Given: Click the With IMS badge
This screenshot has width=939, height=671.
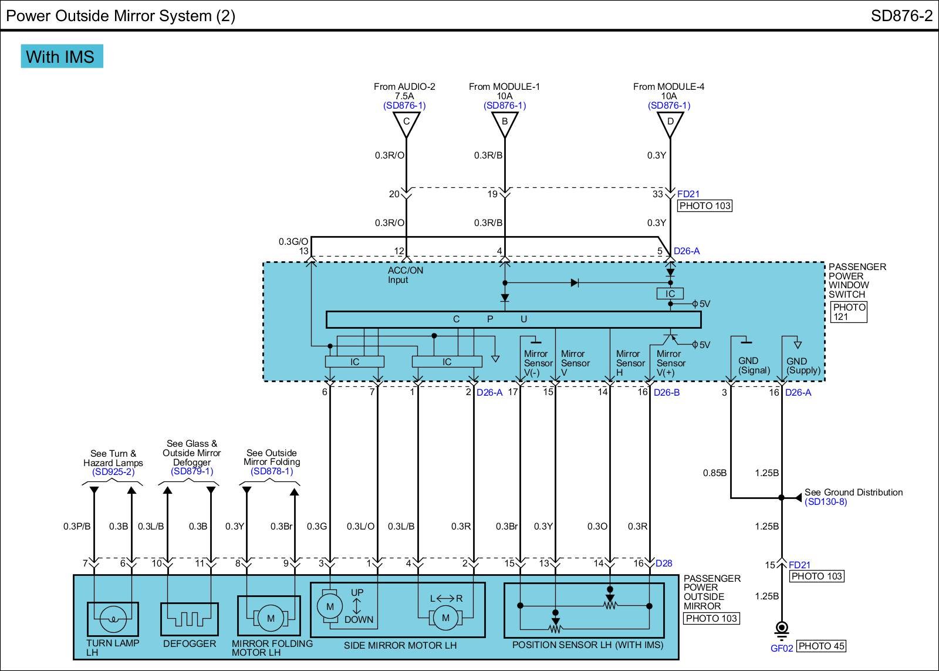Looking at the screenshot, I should [62, 56].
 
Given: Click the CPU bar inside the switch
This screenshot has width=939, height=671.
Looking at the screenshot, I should [513, 319].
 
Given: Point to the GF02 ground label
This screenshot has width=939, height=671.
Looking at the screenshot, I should [782, 648].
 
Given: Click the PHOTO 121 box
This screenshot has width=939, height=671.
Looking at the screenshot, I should [849, 312].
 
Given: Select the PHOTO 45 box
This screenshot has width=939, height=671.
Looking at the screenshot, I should [822, 646].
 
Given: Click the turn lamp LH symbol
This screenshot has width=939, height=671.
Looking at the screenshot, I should [113, 618].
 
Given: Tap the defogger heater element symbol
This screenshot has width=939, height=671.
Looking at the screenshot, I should [189, 618].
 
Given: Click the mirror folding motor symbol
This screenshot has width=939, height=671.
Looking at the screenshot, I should [271, 618].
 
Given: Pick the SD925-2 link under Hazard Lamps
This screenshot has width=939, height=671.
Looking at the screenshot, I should [113, 472].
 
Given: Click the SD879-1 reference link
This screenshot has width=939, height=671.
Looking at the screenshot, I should [192, 471].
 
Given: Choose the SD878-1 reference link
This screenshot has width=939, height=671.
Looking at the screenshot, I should [272, 471].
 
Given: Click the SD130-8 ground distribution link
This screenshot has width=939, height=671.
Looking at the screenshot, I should [826, 502].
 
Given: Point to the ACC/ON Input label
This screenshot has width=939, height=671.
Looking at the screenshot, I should [405, 275].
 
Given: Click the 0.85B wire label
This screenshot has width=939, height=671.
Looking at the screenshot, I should [715, 473].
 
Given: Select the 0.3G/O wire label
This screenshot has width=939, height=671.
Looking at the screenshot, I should [293, 241].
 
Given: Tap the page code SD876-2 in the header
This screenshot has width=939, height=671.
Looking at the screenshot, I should [901, 16].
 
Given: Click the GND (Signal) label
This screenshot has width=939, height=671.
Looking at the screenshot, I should [754, 365].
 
